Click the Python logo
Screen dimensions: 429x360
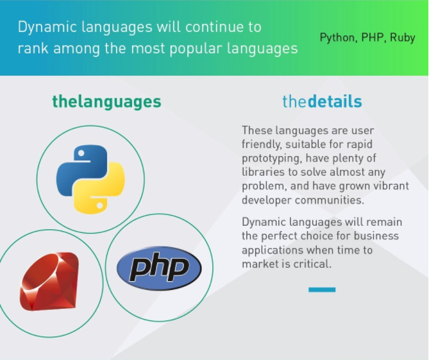pyautogui.click(x=90, y=179)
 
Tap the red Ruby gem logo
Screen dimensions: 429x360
pyautogui.click(x=49, y=282)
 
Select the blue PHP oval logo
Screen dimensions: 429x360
pyautogui.click(x=159, y=268)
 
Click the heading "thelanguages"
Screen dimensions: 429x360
pyautogui.click(x=106, y=101)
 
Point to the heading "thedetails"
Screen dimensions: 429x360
pyautogui.click(x=322, y=101)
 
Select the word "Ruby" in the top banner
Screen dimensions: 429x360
pyautogui.click(x=403, y=37)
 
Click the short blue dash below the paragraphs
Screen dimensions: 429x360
pyautogui.click(x=322, y=289)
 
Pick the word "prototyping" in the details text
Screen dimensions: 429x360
pyautogui.click(x=272, y=159)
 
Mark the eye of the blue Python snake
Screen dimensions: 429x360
pyautogui.click(x=81, y=153)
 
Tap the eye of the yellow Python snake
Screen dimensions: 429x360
pyautogui.click(x=100, y=205)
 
